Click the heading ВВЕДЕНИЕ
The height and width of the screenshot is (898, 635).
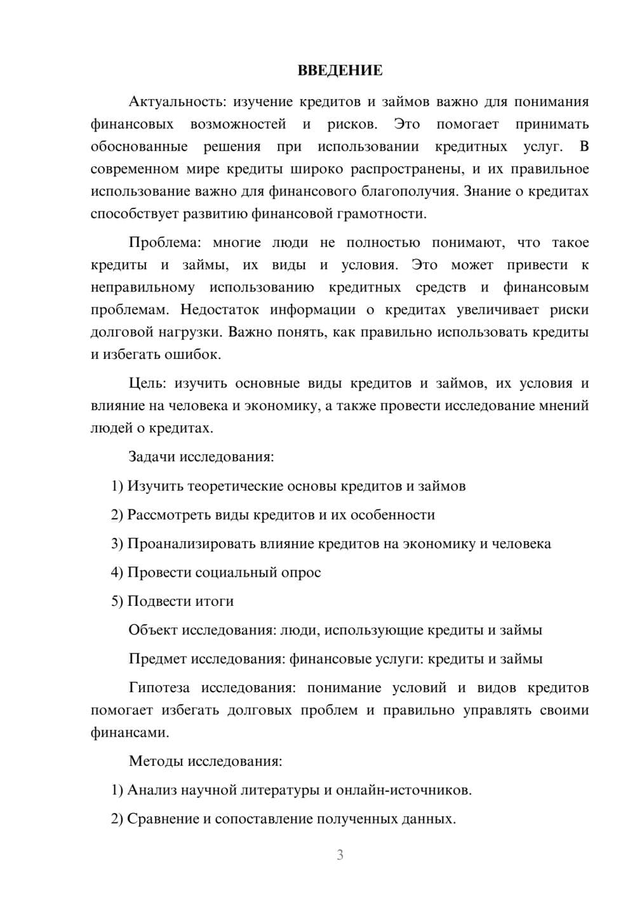pyautogui.click(x=340, y=70)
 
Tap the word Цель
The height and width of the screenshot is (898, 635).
pyautogui.click(x=147, y=384)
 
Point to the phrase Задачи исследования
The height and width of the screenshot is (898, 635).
pyautogui.click(x=201, y=457)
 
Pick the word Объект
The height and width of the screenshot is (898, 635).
pyautogui.click(x=153, y=631)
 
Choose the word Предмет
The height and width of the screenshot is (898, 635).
pyautogui.click(x=157, y=659)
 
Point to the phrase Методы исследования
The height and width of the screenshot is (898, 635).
pyautogui.click(x=205, y=761)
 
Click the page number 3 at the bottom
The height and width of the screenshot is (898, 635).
pyautogui.click(x=340, y=855)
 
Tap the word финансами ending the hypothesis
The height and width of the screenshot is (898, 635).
pyautogui.click(x=129, y=733)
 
